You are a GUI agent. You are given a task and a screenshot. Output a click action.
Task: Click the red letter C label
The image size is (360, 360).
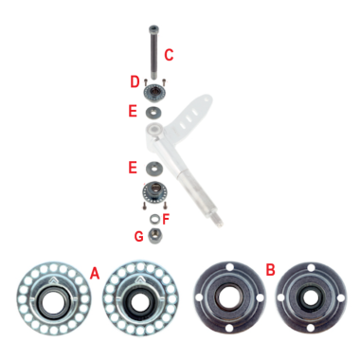[168, 54]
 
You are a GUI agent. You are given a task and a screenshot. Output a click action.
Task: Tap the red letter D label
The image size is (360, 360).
[135, 81]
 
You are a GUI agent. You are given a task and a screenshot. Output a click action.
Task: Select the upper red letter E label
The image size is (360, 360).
[133, 111]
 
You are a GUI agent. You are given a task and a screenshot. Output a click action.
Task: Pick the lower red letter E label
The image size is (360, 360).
[133, 167]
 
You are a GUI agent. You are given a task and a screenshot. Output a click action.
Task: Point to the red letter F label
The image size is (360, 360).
[166, 218]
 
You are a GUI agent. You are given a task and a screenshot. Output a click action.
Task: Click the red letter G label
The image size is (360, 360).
[138, 235]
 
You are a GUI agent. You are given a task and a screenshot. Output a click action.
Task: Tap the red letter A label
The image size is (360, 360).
[94, 273]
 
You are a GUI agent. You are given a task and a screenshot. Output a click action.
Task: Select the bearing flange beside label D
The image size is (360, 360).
[153, 93]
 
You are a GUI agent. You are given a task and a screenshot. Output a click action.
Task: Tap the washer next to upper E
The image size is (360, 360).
[153, 112]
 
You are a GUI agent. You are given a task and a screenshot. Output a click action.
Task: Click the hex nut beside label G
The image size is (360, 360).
[153, 235]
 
